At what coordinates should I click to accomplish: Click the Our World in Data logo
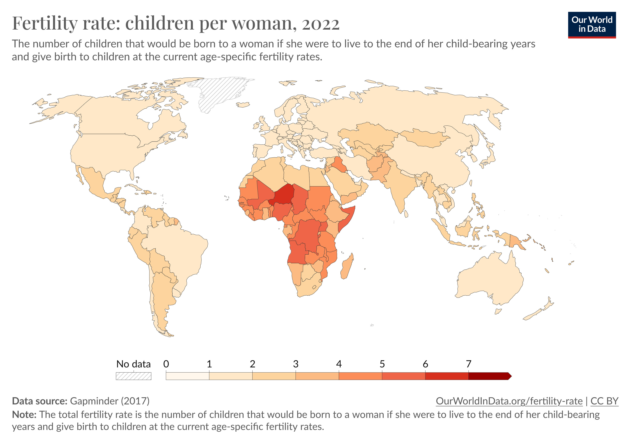click(592, 25)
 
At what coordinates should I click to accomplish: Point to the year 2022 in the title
click(321, 23)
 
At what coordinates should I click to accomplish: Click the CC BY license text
click(604, 401)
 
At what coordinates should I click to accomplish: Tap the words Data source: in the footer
click(40, 401)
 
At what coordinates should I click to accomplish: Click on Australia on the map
click(490, 279)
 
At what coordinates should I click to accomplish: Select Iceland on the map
click(243, 105)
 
